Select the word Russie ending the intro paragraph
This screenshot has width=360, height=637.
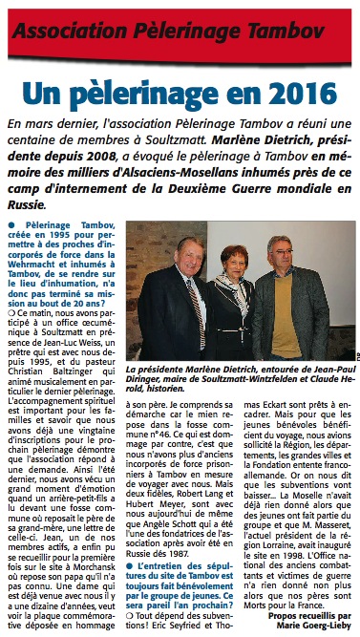pos(32,205)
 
